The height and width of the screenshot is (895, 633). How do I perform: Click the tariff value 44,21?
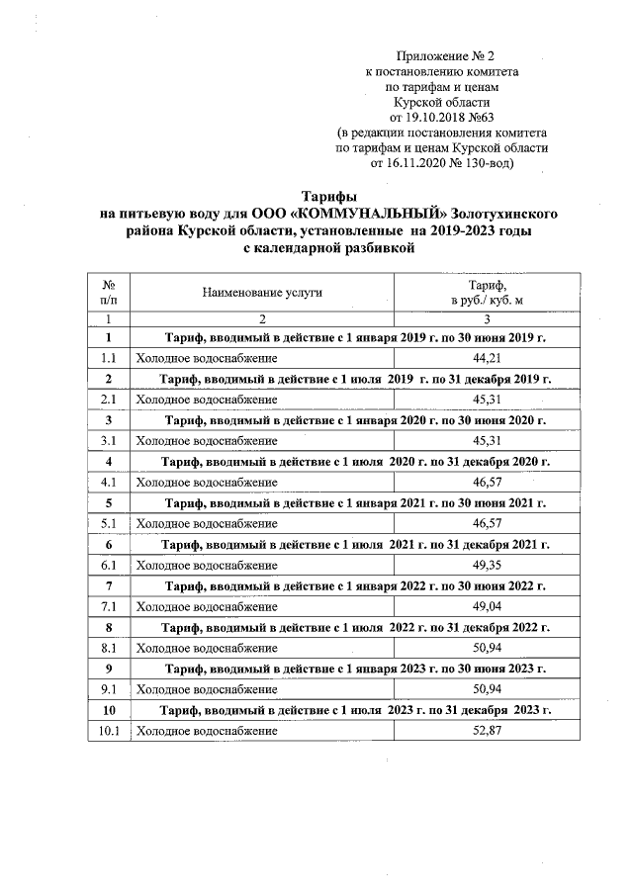point(485,357)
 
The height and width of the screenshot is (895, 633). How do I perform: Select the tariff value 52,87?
point(485,731)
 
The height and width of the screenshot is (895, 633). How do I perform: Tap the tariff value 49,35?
point(485,565)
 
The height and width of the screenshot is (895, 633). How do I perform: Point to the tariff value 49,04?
point(485,606)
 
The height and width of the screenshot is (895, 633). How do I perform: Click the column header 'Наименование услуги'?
point(262,292)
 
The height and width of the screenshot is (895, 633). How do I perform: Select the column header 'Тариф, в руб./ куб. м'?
point(485,292)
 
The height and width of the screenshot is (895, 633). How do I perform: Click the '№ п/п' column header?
point(109,292)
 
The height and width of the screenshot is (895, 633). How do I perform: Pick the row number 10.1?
point(109,731)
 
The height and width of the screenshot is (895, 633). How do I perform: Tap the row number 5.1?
point(109,523)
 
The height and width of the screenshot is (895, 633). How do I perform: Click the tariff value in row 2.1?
point(485,399)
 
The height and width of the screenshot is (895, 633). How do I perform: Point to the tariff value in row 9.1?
point(485,689)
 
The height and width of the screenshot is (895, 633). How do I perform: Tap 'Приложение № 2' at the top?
point(441,56)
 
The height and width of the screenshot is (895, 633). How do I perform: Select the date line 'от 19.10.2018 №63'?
point(441,116)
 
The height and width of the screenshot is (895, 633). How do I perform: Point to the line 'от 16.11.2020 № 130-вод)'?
point(441,162)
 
